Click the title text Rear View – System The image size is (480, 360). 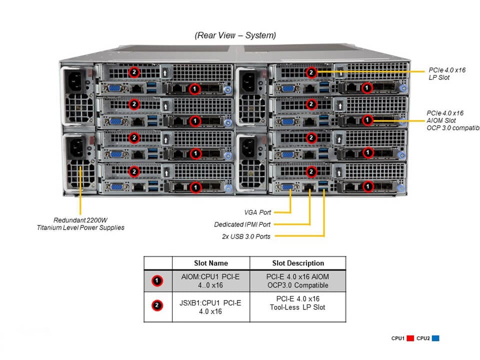point(235,35)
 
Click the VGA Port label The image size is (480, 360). point(258,212)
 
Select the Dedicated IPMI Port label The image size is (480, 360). point(242,224)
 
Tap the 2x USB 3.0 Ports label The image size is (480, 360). point(246,236)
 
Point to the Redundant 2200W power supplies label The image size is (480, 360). point(80,224)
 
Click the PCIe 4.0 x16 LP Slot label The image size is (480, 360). point(447,74)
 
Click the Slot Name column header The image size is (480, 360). point(210,263)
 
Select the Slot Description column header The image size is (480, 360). point(297,263)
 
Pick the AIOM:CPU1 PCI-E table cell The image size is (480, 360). point(210,281)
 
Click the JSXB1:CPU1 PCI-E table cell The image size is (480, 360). point(210,307)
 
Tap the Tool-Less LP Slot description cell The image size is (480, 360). point(297,303)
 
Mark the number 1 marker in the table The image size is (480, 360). point(157,281)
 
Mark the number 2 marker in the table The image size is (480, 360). point(157,305)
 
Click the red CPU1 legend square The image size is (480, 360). point(409,338)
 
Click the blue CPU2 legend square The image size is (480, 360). point(435,338)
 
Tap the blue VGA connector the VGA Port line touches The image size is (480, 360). point(288,187)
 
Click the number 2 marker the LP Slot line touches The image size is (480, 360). point(311,72)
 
